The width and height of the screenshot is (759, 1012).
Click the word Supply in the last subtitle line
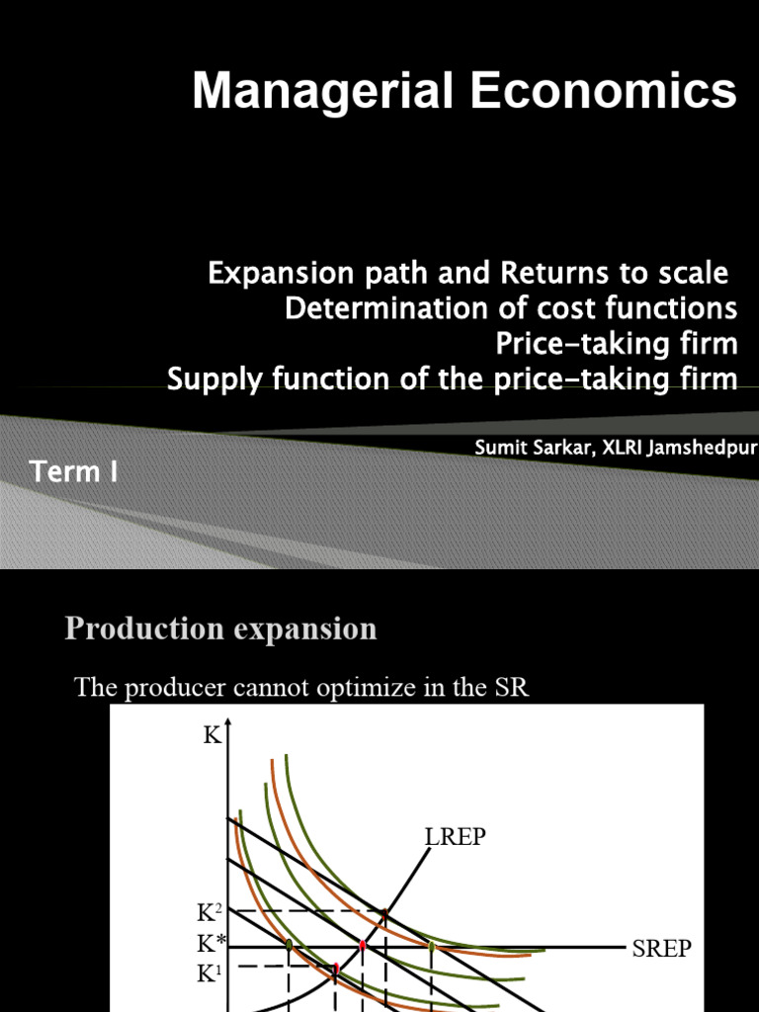205,379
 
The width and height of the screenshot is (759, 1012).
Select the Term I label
74,472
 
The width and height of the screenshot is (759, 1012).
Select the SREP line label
662,949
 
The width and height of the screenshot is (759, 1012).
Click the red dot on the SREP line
362,946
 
